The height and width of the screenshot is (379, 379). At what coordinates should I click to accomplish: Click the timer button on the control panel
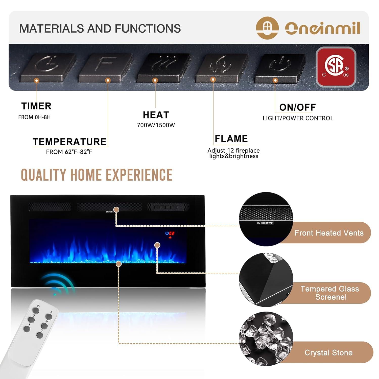47,66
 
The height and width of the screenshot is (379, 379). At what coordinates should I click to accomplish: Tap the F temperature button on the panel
106,66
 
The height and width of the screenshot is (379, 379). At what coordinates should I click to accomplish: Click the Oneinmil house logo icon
267,28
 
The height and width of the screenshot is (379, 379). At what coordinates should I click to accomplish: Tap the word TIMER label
36,106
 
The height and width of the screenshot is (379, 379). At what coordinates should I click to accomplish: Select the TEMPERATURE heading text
69,142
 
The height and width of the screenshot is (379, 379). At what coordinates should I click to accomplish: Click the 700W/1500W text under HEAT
156,125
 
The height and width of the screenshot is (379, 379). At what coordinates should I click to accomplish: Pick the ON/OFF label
297,107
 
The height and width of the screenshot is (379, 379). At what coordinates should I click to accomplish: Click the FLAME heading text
231,139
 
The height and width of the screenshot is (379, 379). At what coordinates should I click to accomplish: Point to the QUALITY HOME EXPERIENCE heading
97,175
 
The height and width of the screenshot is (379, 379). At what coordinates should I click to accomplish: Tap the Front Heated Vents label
329,233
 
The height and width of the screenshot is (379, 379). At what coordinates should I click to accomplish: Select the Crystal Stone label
328,353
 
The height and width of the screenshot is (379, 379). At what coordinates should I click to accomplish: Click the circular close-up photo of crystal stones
266,339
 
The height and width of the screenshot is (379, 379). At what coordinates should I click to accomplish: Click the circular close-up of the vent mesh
266,219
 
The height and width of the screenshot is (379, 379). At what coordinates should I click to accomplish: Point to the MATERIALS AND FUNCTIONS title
100,29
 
